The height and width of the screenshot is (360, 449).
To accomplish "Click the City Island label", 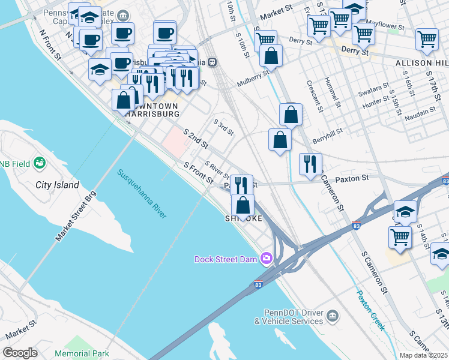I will tap(57, 185).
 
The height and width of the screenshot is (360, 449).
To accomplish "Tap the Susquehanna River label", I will tap(142, 194).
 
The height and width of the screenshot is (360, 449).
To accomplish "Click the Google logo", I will tap(20, 353).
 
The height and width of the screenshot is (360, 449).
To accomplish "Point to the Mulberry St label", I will tap(253, 78).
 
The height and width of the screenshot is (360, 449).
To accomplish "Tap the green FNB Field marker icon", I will tap(40, 163).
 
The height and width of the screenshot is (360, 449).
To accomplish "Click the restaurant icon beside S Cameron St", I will tap(310, 164).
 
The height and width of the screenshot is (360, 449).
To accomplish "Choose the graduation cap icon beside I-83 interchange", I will tap(405, 211).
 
